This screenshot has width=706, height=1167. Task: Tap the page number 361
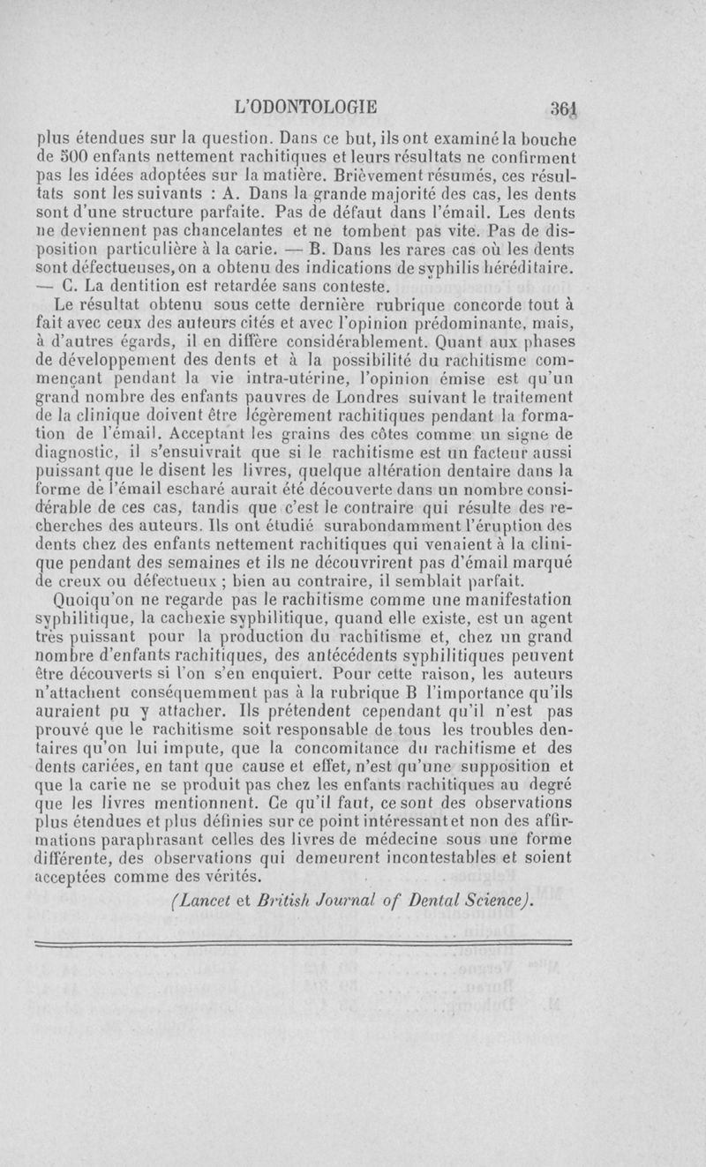click(561, 108)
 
